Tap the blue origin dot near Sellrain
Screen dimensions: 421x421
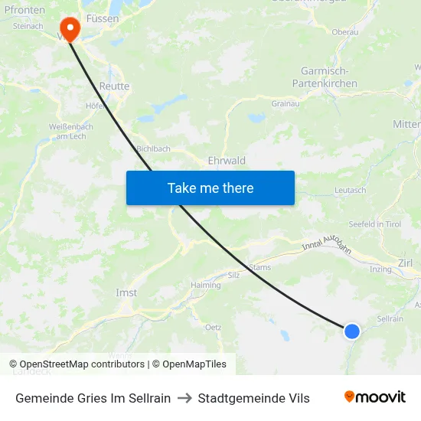(x=351, y=331)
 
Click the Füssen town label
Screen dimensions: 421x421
(x=102, y=18)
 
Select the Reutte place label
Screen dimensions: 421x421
(x=114, y=86)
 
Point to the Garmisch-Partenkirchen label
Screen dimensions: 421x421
(x=325, y=77)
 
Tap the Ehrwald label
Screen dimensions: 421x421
(x=227, y=161)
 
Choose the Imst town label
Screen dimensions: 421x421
(x=126, y=293)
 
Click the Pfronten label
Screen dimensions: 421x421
(x=23, y=11)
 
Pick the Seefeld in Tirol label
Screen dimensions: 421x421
(x=375, y=224)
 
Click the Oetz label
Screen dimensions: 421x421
(x=214, y=327)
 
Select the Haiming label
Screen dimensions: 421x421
(x=206, y=285)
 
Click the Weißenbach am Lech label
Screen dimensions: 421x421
(x=48, y=131)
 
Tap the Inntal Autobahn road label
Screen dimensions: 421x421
(x=331, y=248)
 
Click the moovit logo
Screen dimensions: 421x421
(x=375, y=397)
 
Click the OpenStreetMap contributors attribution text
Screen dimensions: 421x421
(x=77, y=364)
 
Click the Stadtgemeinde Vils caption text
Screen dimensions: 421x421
(x=253, y=398)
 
